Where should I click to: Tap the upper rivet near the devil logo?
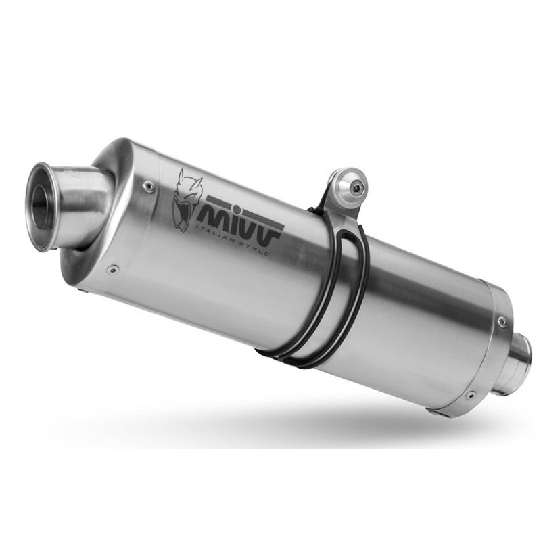pyautogui.click(x=149, y=187)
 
